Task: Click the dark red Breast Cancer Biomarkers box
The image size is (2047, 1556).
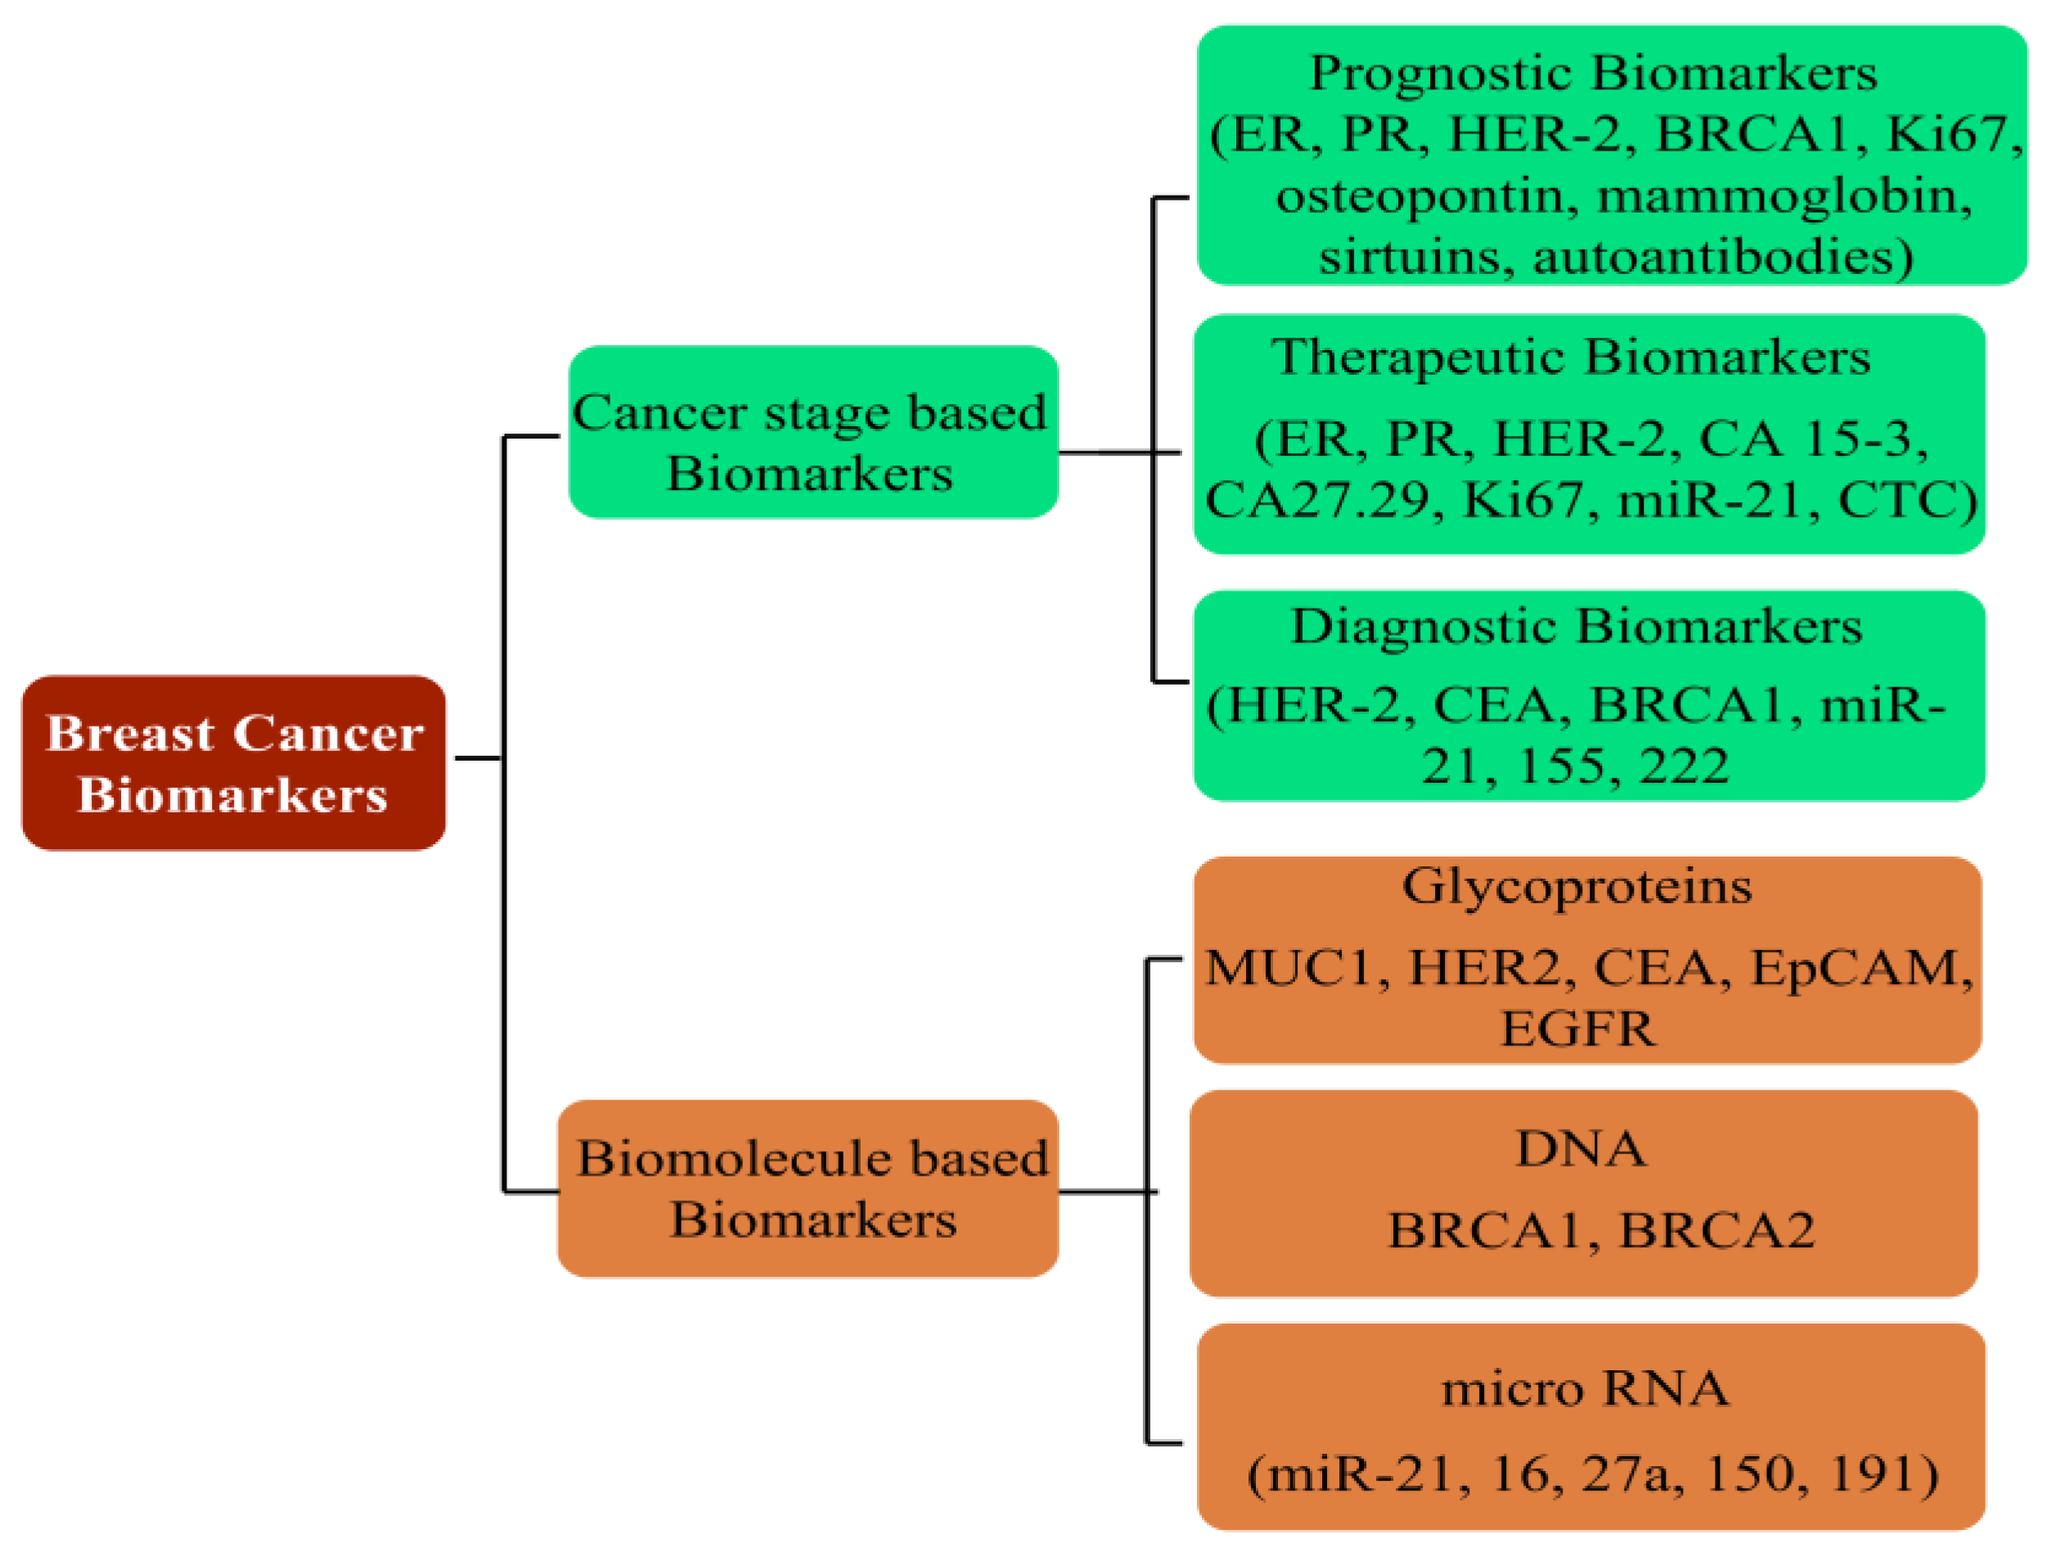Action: coord(233,762)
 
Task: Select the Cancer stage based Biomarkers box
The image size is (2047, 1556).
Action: coord(812,432)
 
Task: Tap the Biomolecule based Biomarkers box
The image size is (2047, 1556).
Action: coord(808,1189)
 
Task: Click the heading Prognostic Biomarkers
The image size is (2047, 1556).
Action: coord(1592,73)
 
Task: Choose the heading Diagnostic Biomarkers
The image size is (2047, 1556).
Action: coord(1576,626)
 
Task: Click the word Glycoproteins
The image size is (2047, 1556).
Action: coord(1577,886)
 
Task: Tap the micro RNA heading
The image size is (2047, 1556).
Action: coord(1585,1388)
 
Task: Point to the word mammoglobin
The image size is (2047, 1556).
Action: coord(1783,196)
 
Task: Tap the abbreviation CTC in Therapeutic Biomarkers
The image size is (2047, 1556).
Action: coord(1905,500)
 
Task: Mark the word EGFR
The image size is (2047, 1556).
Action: coord(1577,1028)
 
